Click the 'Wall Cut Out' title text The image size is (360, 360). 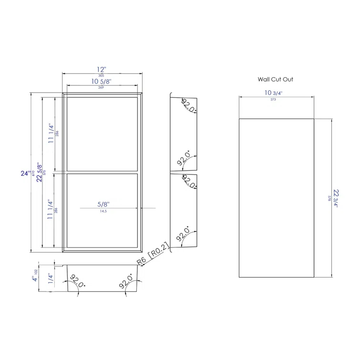coord(276,80)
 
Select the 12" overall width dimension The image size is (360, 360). coord(101,69)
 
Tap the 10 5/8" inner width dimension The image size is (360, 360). coord(101,82)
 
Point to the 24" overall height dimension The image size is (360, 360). coord(25,174)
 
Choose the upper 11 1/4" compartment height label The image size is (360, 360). coord(50,133)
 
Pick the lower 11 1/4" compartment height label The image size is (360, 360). coord(50,210)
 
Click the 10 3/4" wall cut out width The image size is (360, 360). coord(276,93)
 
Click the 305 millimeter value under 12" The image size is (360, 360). coord(101,75)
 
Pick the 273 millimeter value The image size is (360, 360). coord(276,100)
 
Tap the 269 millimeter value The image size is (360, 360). coord(101,88)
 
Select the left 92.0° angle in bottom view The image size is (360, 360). coord(78,281)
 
